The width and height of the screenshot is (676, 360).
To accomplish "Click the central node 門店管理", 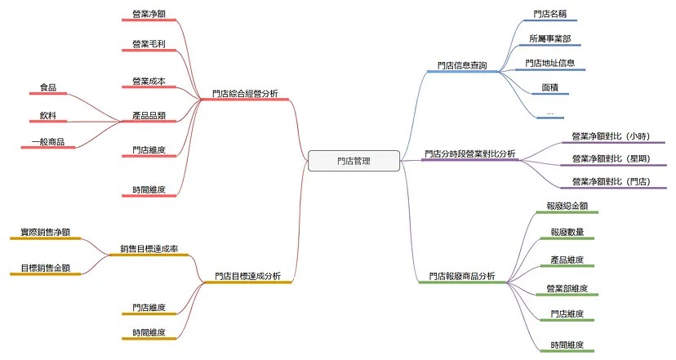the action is [354, 161].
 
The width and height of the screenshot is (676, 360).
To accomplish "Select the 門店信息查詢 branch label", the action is [462, 65].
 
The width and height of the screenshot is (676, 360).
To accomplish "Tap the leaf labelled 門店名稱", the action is [549, 14].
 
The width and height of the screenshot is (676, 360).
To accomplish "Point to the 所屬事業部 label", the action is [550, 39].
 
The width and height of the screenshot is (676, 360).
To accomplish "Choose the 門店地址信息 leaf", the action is [550, 63].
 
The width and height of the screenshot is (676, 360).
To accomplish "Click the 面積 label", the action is [550, 87].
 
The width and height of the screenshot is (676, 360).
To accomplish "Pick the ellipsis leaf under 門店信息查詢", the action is [549, 113].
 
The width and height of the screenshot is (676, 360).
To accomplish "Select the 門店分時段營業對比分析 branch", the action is [470, 153].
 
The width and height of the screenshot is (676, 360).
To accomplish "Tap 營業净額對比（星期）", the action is [611, 158].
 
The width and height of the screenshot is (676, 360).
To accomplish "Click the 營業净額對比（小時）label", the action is [611, 136].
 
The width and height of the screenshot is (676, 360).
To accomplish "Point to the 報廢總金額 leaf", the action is [567, 206].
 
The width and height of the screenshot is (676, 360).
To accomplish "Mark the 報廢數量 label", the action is [567, 232].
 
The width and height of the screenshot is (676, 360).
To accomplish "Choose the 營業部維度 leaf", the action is [567, 288].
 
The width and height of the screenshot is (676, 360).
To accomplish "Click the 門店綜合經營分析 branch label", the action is [245, 94].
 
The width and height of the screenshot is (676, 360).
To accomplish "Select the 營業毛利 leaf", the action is [149, 44].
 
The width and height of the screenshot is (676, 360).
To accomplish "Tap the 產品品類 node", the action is [149, 116].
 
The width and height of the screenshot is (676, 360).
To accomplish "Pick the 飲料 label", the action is [48, 116].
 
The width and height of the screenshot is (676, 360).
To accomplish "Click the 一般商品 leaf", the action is [48, 141].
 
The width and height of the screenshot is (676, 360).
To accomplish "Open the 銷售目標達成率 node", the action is [149, 249].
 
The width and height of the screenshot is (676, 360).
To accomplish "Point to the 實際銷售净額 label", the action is [45, 232].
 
